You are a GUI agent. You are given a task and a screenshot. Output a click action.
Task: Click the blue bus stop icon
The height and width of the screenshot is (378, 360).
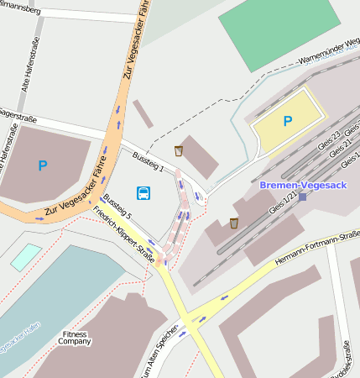[144, 193]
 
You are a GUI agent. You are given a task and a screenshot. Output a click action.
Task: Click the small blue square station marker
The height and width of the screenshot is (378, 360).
[302, 197]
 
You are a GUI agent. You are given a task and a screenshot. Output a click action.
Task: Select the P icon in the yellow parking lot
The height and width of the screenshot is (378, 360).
[288, 121]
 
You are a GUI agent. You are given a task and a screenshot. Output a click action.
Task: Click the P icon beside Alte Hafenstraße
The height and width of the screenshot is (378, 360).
[43, 165]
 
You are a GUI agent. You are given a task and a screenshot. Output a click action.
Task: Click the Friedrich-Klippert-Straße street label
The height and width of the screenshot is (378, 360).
[124, 236]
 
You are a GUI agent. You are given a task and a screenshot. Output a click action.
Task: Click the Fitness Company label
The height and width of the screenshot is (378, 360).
[74, 339]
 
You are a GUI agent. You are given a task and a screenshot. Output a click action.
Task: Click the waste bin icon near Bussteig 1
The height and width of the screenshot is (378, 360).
[178, 150]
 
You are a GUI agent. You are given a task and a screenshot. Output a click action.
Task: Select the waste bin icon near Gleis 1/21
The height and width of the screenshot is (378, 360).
[233, 223]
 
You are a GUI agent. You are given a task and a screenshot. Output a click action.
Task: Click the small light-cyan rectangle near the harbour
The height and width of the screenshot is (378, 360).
[25, 256]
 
